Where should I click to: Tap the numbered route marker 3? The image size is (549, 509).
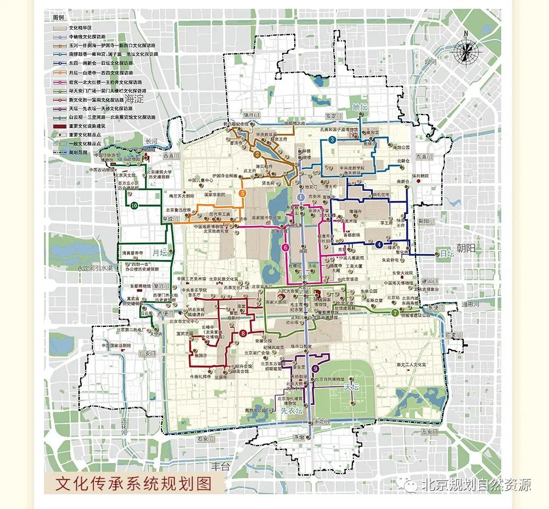click(332, 140)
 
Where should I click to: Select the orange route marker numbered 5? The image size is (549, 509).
click(242, 193)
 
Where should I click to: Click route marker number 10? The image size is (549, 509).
click(134, 205)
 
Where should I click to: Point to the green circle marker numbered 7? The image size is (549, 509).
click(395, 313)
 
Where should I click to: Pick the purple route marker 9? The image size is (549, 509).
click(315, 369)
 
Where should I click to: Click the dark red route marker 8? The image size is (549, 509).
click(243, 333)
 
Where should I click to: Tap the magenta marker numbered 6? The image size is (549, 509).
click(285, 247)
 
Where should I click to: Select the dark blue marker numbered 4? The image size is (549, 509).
click(379, 245)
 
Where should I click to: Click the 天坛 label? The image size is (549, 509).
click(351, 387)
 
